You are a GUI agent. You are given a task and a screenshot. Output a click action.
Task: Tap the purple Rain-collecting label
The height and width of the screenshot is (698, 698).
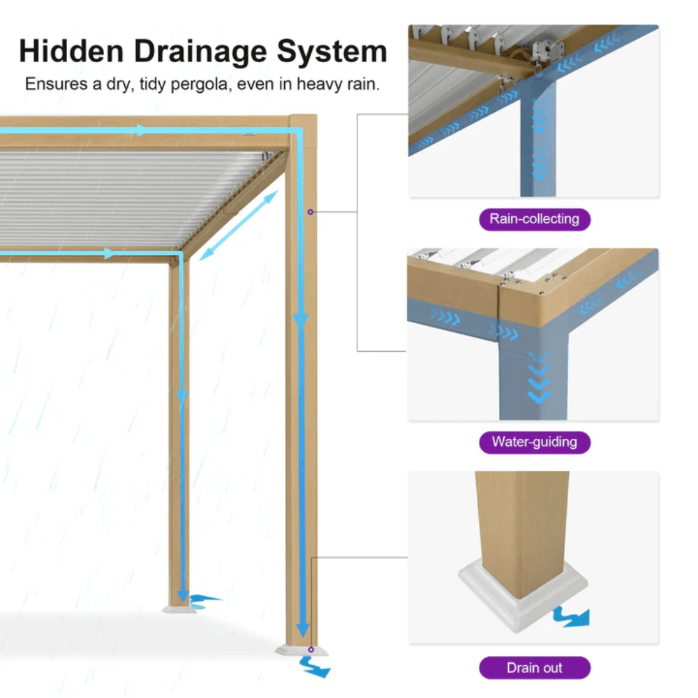pos(534,219)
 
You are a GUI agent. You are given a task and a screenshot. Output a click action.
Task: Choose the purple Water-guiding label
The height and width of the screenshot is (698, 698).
pos(534,442)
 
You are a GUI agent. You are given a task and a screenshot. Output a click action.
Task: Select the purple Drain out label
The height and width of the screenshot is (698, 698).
pos(534,668)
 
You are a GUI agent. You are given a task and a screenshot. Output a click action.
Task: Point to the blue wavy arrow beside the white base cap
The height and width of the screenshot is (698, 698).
pos(571,616)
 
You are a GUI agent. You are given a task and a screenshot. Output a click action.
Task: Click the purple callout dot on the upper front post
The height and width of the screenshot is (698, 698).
pos(311,211)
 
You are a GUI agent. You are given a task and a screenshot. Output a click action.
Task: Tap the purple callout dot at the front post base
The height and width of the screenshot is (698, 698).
pos(311,649)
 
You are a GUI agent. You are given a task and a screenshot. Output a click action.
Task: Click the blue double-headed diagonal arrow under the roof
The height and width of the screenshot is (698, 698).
pos(238,225)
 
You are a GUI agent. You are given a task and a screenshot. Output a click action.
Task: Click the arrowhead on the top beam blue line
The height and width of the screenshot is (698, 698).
pos(143,131)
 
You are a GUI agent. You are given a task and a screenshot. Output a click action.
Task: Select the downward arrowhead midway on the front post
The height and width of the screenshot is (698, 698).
pos(301,320)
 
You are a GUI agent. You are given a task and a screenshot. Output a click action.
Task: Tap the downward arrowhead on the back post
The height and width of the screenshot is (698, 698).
pos(182,396)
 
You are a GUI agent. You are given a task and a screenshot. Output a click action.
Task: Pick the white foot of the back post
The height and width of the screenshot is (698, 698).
pos(177,609)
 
